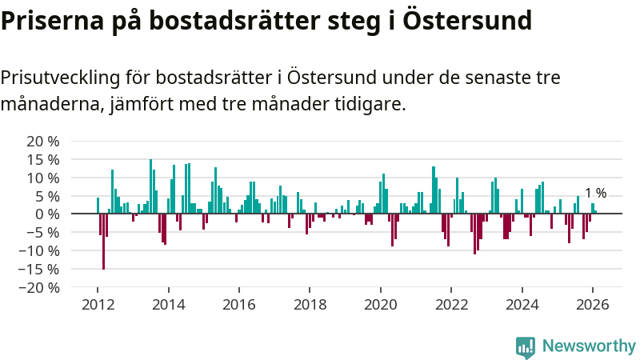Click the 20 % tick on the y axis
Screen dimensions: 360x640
[x=42, y=141]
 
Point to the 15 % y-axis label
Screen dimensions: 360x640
[x=42, y=159]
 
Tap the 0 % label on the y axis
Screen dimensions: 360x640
[x=46, y=214]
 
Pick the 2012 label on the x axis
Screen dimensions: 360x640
[x=98, y=305]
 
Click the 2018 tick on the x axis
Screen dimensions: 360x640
[x=310, y=305]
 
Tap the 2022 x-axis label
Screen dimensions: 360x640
[x=451, y=305]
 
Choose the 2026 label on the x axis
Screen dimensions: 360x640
[x=593, y=305]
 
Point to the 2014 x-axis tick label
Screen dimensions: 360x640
[x=168, y=305]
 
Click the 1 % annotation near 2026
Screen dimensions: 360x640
[x=596, y=193]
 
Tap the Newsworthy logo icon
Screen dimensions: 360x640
[x=526, y=346]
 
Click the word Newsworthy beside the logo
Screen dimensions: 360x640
[x=589, y=346]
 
